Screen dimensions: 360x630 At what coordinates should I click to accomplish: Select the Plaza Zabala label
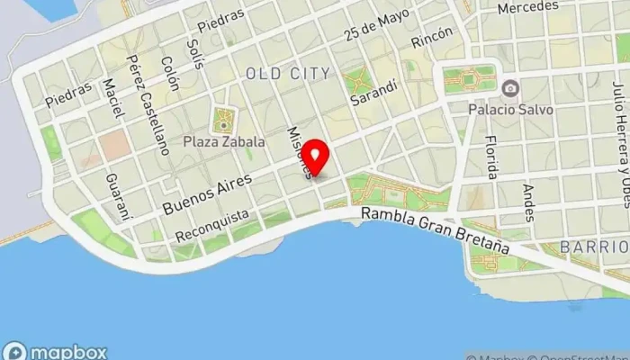pos(224,141)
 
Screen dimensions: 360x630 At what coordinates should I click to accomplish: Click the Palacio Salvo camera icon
pos(511,87)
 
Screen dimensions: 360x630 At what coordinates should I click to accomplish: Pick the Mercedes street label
pos(527,7)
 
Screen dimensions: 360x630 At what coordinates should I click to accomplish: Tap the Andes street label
pos(528,202)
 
